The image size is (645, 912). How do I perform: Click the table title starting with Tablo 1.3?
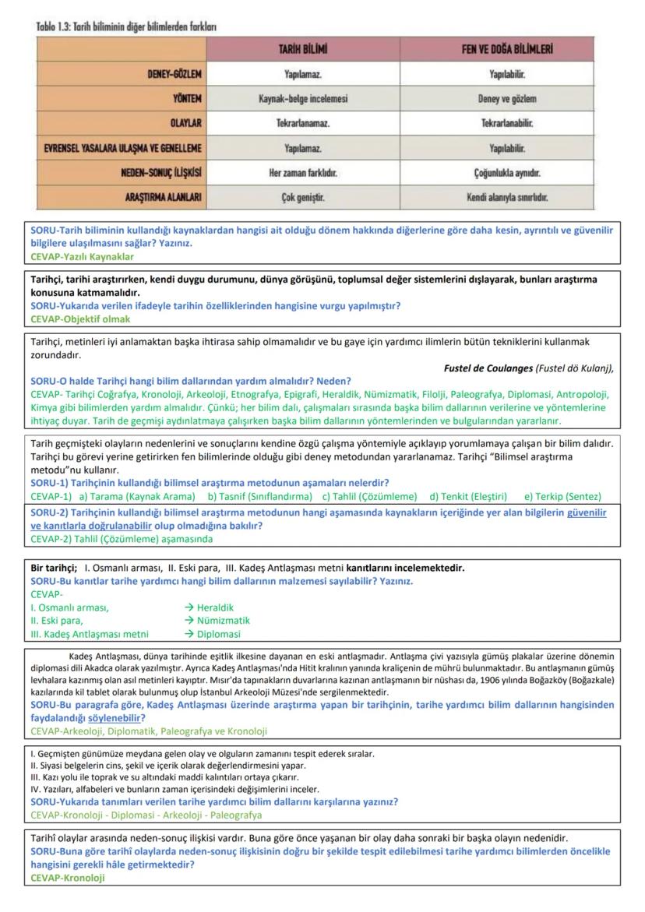[126, 27]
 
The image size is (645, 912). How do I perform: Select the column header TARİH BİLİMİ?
[303, 50]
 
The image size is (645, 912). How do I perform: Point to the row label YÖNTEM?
[188, 99]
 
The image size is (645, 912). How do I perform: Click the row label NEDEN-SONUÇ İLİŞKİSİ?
[163, 172]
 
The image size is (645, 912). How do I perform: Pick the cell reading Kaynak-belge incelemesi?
[303, 99]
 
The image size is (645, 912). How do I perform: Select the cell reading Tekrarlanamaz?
[303, 124]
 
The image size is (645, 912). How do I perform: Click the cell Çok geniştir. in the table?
[303, 197]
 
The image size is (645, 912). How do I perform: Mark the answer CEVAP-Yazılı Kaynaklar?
[82, 256]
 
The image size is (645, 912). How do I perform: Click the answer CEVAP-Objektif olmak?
[80, 319]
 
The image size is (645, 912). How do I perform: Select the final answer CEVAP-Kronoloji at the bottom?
[67, 878]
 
